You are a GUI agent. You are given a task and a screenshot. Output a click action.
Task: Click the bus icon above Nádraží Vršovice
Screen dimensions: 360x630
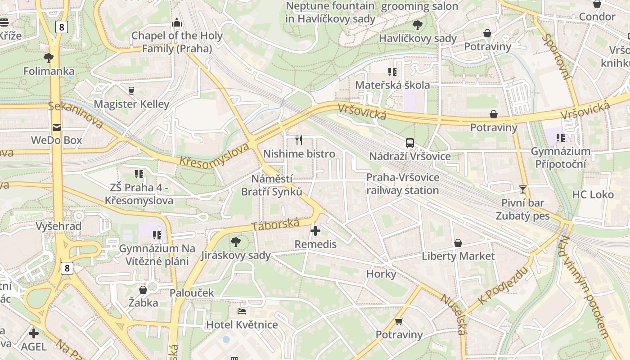point(410,143)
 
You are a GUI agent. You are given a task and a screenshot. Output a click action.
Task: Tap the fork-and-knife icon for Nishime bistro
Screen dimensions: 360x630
point(299,140)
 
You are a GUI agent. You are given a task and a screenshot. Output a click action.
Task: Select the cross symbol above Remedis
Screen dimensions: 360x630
point(315,231)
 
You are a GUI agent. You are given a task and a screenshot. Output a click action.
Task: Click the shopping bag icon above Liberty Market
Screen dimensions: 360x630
point(458,243)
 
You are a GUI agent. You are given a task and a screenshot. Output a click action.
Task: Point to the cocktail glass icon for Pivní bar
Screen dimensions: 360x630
point(522,189)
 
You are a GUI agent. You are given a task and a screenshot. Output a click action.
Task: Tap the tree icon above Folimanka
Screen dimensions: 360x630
point(49,58)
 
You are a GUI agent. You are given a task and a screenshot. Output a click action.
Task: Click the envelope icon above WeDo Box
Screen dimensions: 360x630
point(56,127)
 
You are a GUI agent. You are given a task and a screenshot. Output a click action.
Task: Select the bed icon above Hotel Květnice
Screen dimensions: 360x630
point(242,311)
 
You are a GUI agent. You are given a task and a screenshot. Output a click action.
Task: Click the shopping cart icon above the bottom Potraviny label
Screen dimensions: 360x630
point(399,321)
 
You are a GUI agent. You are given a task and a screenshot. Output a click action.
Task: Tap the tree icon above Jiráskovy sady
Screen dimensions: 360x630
point(235,243)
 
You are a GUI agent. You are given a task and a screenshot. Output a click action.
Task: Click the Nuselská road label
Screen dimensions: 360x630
point(453,315)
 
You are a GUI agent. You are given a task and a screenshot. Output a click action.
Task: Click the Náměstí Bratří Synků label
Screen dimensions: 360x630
point(272,185)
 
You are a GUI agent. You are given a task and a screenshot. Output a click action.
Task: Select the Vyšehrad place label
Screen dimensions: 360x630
point(58,226)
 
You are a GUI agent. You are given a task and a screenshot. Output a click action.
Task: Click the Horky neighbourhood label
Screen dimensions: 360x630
point(381,274)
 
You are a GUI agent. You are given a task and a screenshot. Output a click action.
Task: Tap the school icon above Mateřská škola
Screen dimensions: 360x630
point(392,72)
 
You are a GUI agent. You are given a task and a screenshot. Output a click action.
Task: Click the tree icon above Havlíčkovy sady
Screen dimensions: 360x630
point(418,25)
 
